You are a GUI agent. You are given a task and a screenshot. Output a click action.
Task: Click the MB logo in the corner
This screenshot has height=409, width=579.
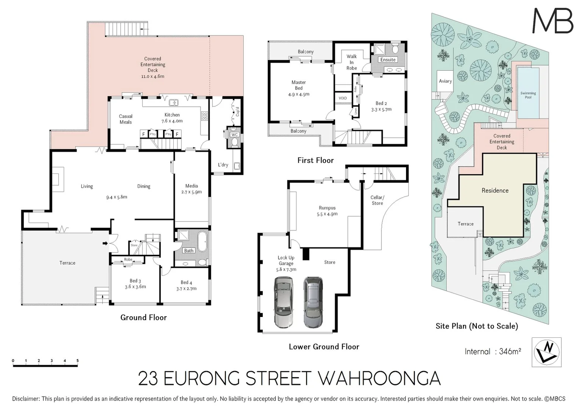(x=553, y=21)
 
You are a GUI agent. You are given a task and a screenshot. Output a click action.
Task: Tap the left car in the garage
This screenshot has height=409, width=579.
(x=284, y=302)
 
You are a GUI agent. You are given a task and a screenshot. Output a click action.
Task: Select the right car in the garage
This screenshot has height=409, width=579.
(x=313, y=302)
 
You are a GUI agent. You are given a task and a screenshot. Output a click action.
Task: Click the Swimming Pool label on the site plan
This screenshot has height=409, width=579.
(x=528, y=95)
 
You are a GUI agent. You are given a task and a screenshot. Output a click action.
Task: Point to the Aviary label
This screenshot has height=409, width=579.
(x=445, y=81)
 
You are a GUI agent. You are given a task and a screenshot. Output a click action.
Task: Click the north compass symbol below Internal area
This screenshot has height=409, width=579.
(x=546, y=352)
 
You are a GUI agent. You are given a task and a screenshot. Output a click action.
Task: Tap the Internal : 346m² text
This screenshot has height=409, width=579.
(x=493, y=351)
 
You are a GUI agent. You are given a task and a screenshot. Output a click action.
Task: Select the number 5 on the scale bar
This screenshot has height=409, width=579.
(x=77, y=361)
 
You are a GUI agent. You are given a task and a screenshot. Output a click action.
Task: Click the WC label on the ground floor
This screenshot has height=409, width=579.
(x=234, y=134)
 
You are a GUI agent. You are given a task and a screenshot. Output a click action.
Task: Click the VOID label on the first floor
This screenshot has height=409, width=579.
(x=343, y=98)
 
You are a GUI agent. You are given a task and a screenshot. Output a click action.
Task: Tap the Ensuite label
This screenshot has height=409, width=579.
(x=388, y=59)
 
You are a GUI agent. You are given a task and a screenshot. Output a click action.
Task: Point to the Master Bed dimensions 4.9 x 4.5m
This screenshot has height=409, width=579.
(x=299, y=94)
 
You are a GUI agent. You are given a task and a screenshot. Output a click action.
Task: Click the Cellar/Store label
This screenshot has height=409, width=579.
(x=377, y=200)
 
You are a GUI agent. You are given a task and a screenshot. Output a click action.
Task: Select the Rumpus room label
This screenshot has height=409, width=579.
(x=327, y=208)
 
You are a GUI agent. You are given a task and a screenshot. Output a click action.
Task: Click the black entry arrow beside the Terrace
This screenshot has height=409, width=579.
(x=106, y=244)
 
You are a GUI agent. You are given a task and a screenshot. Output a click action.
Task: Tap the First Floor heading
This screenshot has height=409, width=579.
(x=315, y=160)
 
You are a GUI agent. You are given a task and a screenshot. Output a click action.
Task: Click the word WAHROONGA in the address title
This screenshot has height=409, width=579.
(x=378, y=378)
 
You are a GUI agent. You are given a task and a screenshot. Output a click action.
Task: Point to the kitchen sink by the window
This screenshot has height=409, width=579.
(x=174, y=102)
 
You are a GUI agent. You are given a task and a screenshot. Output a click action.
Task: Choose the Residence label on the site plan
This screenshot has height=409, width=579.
(x=495, y=190)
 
